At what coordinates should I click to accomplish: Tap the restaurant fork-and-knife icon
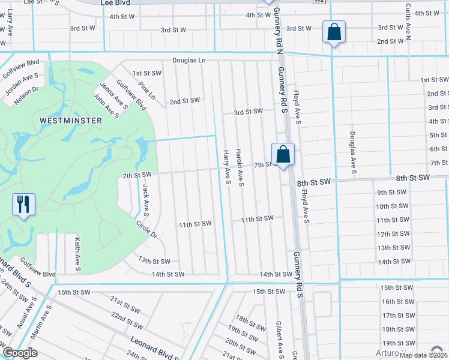(23, 204)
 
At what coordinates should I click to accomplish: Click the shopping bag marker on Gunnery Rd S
(283, 154)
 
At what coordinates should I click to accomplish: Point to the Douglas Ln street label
(189, 61)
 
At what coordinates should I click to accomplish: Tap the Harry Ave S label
(228, 167)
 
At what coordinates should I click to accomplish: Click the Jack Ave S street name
(145, 201)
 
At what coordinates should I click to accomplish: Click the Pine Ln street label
(146, 91)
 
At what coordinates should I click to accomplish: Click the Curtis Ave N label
(408, 21)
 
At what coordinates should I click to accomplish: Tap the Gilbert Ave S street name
(279, 337)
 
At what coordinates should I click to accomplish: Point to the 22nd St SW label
(126, 321)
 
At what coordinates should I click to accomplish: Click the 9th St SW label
(392, 193)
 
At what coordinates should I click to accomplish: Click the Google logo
(20, 353)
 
